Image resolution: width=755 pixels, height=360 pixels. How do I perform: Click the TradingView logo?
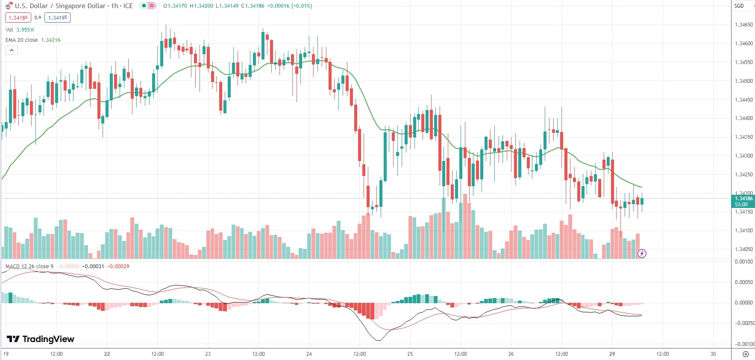point(41,339)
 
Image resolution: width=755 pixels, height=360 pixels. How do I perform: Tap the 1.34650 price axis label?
point(743,25)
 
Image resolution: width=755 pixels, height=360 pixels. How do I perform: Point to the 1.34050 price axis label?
point(743,249)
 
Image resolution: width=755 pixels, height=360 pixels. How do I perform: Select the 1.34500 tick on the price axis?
point(743,81)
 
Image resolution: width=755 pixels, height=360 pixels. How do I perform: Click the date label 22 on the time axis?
point(107,354)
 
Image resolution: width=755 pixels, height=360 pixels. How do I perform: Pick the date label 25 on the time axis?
point(410,354)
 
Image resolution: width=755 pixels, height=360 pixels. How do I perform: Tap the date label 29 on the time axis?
point(612,354)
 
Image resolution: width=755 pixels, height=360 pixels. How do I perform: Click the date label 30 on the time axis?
point(713,354)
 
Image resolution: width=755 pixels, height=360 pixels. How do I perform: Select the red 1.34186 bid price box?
point(18,18)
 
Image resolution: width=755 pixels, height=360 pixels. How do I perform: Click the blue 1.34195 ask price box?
point(57,18)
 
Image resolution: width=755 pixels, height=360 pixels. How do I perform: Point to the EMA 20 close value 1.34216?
point(51,40)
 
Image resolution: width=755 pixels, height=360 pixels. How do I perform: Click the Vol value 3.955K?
point(25,30)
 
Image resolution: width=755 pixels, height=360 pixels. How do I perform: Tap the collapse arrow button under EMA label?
point(12,50)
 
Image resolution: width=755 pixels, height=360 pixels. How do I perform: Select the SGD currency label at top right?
point(739,6)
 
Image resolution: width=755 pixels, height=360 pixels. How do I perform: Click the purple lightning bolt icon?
point(642,254)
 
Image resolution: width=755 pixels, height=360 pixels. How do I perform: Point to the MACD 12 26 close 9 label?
point(29,266)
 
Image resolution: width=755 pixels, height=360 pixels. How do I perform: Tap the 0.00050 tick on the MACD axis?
point(743,282)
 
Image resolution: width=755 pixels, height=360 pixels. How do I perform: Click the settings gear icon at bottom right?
point(746,354)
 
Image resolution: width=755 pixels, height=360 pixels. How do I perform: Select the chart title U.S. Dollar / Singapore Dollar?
point(60,6)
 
